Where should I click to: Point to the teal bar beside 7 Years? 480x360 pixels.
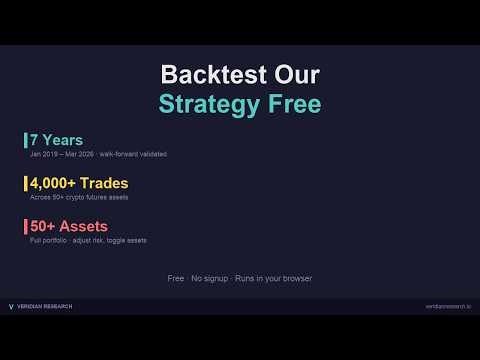[25, 140]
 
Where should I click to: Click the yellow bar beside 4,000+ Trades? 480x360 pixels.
[25, 183]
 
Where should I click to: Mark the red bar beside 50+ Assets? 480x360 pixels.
[25, 226]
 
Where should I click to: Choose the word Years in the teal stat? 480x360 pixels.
[63, 140]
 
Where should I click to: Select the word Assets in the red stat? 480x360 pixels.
[83, 226]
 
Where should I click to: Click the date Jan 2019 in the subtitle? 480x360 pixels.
[43, 154]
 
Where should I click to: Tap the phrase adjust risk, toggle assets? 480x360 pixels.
[115, 240]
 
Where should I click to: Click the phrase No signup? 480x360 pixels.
[208, 278]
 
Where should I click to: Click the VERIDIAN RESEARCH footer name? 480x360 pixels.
[45, 306]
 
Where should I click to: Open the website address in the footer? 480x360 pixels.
[447, 306]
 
